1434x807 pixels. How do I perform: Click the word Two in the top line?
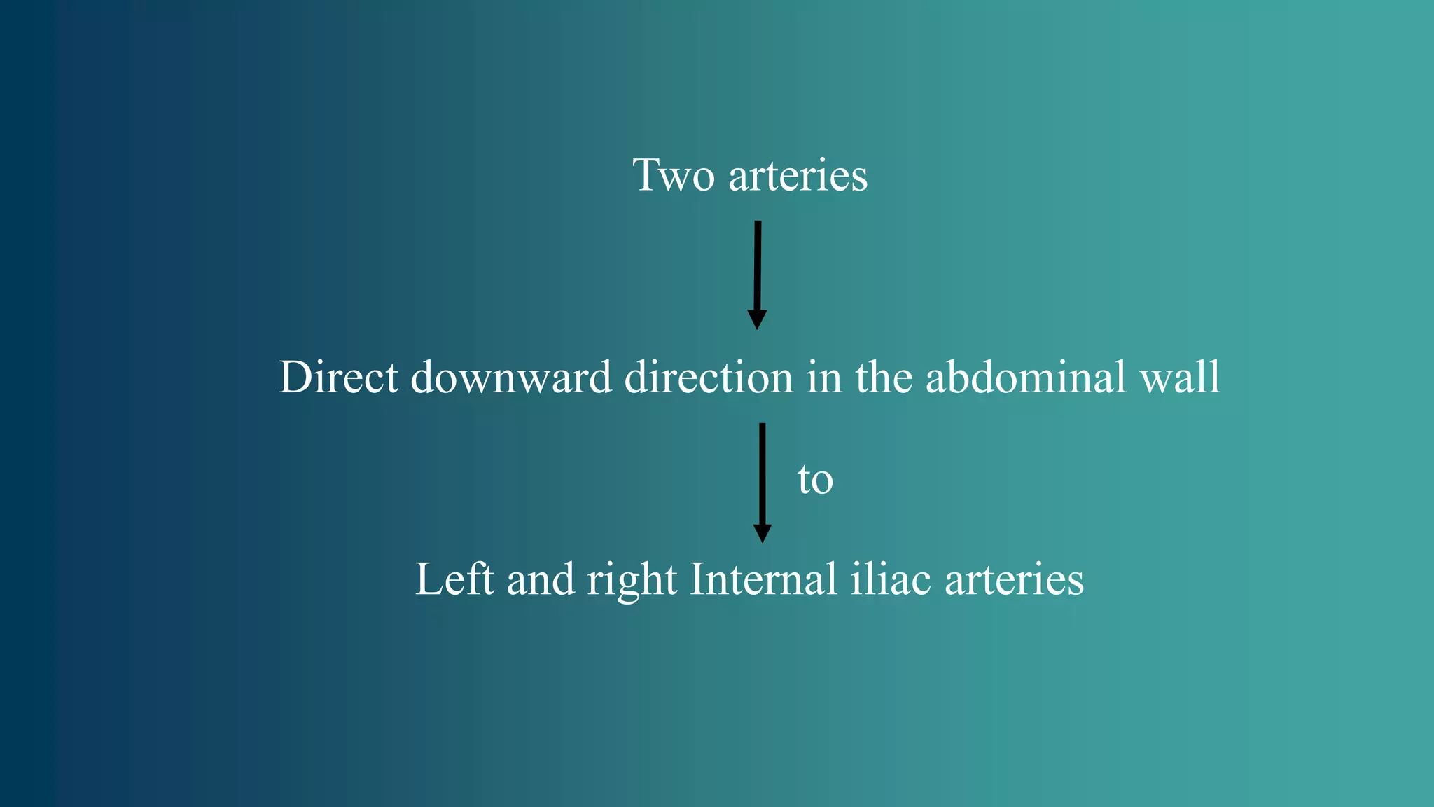[x=674, y=175]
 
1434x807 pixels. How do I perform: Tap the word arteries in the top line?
[x=798, y=175]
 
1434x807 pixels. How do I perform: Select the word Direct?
[x=339, y=377]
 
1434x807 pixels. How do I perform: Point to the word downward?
[x=511, y=377]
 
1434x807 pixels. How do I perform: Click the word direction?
[x=709, y=377]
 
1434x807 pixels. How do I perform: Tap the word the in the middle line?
[x=884, y=377]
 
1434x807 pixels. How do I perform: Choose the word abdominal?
[x=1026, y=377]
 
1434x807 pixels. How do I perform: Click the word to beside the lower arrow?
[x=815, y=480]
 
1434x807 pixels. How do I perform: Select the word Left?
[x=454, y=579]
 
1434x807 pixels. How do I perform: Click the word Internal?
[x=763, y=579]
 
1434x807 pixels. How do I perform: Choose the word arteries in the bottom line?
[x=1014, y=579]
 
